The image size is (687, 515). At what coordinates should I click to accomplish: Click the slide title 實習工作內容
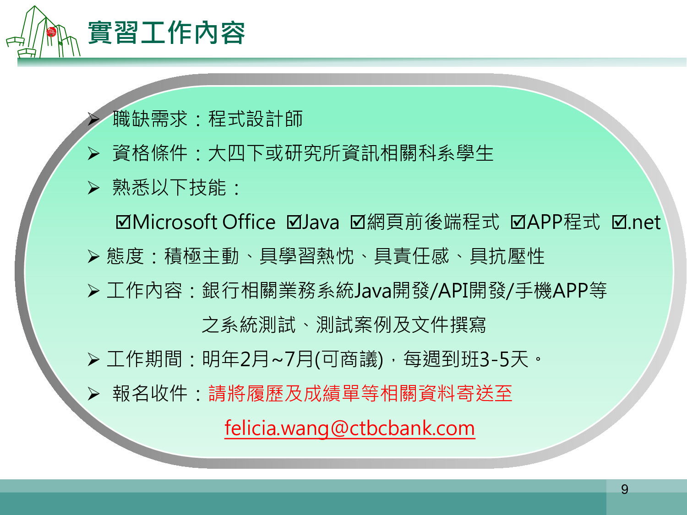pos(167,33)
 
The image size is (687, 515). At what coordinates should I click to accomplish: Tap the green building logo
pos(43,32)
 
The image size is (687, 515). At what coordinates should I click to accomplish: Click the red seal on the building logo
pos(51,32)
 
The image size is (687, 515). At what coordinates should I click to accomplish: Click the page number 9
pos(624,489)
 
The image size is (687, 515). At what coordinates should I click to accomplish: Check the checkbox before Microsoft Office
pos(123,222)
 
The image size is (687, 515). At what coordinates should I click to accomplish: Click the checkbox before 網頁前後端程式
pos(358,222)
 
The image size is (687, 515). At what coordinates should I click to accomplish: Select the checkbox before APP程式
pos(518,222)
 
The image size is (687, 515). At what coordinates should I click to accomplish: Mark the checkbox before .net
pos(619,222)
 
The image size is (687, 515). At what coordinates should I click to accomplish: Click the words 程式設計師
pos(256,119)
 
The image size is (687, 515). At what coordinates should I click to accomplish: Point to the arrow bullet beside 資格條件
pos(93,153)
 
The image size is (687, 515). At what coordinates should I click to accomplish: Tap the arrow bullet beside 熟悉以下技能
pos(93,188)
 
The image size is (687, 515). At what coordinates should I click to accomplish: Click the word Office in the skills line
pos(249,222)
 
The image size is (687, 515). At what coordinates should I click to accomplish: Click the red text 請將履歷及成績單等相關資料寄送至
pos(360,393)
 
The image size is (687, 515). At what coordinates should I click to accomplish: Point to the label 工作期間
pos(144,359)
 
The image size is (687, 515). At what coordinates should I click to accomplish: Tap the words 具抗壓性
pos(507,256)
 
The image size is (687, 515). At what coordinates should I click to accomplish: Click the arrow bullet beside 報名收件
pos(93,394)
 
